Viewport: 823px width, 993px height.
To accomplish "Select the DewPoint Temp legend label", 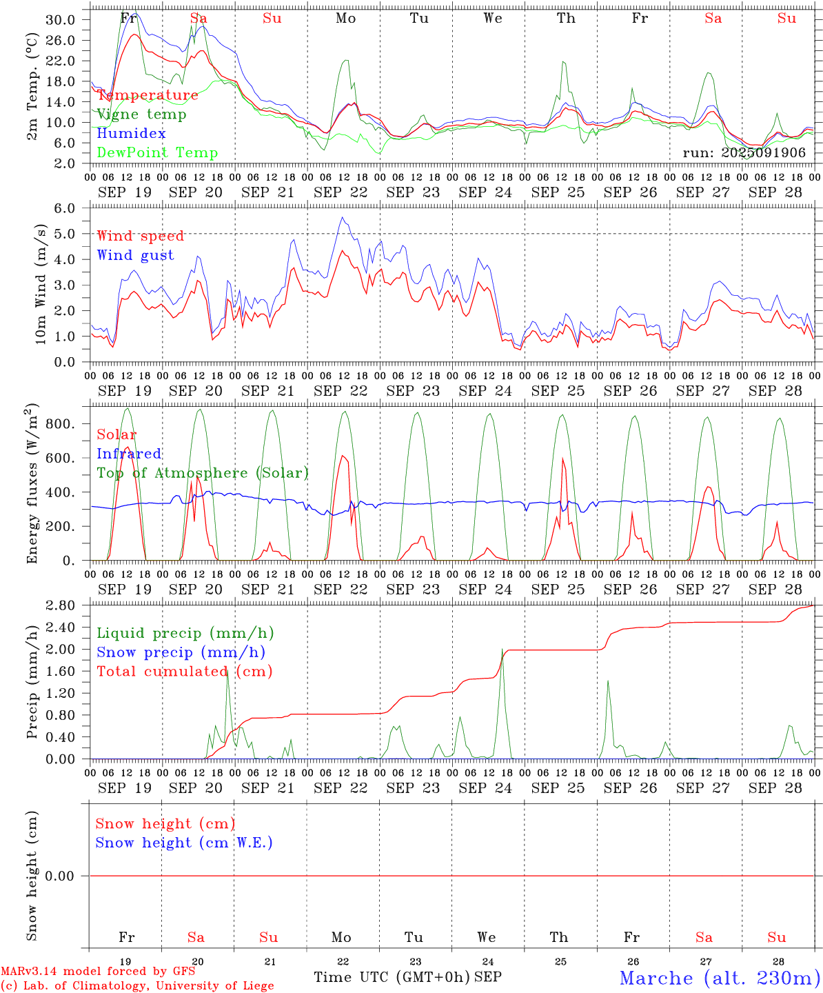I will click(x=157, y=153).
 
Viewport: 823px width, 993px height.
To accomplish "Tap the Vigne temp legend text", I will click(x=141, y=114).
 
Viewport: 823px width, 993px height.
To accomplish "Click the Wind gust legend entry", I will click(x=135, y=255).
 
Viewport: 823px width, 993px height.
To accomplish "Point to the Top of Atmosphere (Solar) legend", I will click(x=203, y=473).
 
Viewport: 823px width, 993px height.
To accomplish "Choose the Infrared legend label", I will click(x=129, y=454).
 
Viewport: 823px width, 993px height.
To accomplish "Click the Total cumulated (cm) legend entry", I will click(x=184, y=671).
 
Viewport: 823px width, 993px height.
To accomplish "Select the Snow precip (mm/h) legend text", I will click(x=181, y=652).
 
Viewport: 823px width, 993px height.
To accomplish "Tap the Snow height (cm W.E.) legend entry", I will click(x=184, y=843).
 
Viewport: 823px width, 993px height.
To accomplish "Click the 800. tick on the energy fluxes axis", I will click(x=60, y=424).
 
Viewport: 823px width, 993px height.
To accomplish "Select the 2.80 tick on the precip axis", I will click(x=60, y=605).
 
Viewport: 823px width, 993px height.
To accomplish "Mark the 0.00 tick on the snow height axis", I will click(x=60, y=876).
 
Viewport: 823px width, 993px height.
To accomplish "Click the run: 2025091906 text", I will click(x=744, y=152).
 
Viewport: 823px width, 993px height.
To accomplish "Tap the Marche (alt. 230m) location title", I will click(x=720, y=978).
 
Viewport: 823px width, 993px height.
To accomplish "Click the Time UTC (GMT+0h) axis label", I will click(x=392, y=977).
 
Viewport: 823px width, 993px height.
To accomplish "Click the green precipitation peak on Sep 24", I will click(x=502, y=650).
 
